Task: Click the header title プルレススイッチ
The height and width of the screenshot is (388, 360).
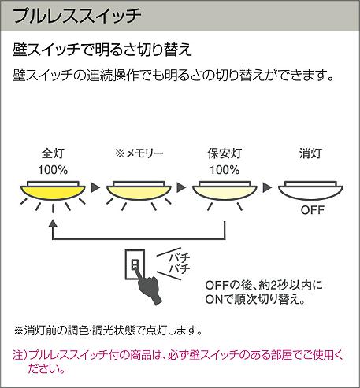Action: point(77,16)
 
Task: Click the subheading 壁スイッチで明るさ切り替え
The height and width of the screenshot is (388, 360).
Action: point(102,49)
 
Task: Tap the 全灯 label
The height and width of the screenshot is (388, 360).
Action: point(53,153)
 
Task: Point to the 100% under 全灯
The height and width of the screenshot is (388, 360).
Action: point(53,170)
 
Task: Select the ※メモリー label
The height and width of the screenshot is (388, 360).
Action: point(139,153)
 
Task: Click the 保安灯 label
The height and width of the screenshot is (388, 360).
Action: point(225,153)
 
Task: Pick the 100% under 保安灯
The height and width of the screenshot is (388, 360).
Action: point(225,170)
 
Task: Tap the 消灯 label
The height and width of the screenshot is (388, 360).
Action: point(310,153)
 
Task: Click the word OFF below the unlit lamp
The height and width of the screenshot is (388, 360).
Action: point(313,210)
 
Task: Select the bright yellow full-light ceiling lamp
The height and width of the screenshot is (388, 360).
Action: point(53,191)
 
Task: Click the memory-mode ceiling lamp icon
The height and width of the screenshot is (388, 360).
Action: point(139,191)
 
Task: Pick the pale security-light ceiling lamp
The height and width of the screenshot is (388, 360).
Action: point(225,191)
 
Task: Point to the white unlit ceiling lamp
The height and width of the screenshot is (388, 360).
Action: point(310,191)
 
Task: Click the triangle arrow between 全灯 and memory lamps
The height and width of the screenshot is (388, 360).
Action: point(95,187)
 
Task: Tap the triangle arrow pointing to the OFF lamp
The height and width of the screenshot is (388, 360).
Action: point(267,187)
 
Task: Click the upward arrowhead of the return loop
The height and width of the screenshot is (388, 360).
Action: point(53,224)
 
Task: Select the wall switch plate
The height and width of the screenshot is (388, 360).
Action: point(135,264)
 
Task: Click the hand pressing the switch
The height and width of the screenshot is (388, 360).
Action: point(148,288)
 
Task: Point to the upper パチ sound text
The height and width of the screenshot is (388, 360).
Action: point(180,257)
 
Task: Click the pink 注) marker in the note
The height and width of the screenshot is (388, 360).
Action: point(20,355)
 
